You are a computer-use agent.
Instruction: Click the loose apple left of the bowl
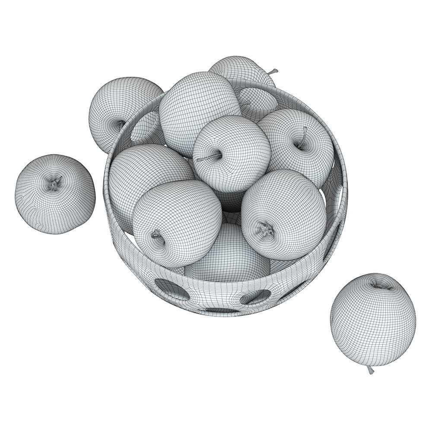[55, 194]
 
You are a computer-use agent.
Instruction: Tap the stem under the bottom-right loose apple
[370, 370]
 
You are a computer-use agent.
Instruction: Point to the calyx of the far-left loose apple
[54, 184]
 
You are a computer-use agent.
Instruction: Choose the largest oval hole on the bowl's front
[172, 289]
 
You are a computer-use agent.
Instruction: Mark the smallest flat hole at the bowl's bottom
[221, 310]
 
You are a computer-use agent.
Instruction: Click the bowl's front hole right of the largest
[256, 296]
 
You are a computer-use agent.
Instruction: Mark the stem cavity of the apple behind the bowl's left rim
[121, 124]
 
